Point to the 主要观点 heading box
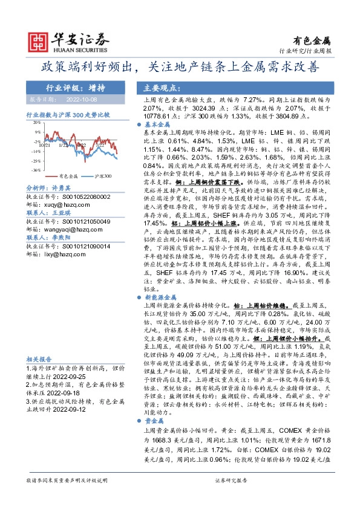(x=157, y=87)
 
